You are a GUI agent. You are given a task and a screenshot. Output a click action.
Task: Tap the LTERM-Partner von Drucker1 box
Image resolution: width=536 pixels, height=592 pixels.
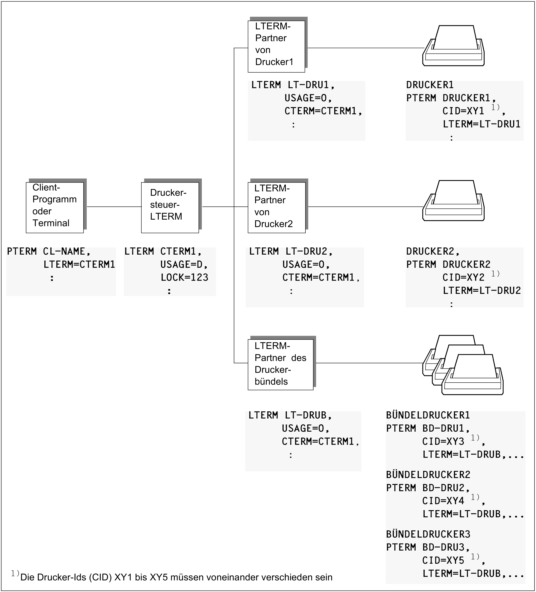click(276, 46)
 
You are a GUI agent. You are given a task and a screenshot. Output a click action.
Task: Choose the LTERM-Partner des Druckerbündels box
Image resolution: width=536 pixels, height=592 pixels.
click(280, 365)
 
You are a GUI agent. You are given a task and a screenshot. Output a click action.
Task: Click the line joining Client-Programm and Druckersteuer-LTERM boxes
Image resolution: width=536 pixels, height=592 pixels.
click(114, 207)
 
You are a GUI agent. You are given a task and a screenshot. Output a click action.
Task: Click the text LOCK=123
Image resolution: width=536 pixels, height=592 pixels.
click(184, 277)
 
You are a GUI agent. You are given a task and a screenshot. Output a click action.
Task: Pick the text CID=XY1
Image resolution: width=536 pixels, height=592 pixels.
click(463, 111)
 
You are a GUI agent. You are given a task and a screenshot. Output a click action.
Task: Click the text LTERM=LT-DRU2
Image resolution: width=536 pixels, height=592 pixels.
click(482, 291)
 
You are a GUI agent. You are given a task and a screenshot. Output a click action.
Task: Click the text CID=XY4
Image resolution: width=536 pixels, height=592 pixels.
click(443, 501)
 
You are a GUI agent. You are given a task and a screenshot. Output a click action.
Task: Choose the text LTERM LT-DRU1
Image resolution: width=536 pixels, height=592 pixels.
click(293, 85)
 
